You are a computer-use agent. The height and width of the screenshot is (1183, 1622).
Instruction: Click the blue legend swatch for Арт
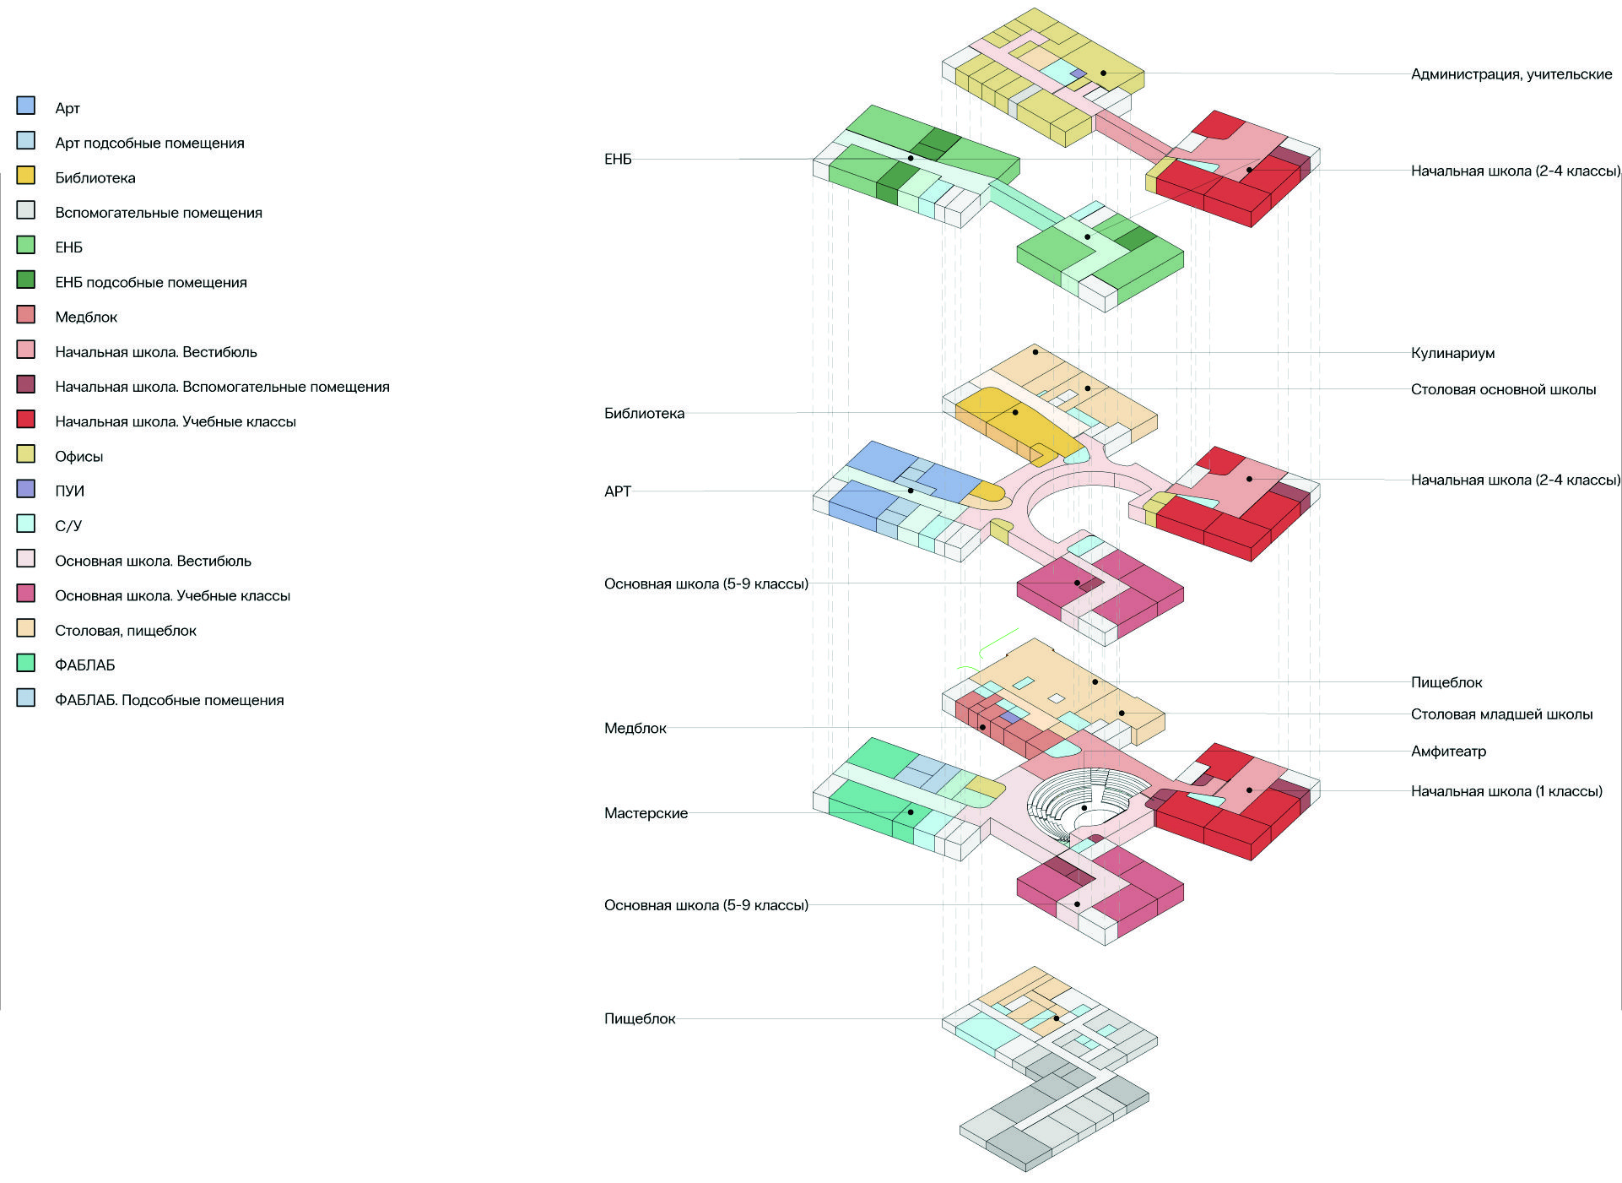[26, 106]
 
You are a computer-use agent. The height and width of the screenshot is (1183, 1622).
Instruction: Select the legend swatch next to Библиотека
[26, 176]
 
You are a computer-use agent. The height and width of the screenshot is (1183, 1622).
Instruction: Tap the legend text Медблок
[86, 317]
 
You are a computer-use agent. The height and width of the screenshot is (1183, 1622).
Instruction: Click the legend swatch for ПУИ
[26, 489]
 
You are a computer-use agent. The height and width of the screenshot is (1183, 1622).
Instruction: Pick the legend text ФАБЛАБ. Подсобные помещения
[169, 700]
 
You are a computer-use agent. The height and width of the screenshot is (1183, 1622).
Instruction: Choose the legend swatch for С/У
[26, 524]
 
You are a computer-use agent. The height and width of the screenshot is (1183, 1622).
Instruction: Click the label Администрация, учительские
[1511, 74]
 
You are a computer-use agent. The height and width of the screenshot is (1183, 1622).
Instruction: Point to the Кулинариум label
[1452, 353]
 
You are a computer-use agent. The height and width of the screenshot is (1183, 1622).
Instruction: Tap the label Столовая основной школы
[1503, 389]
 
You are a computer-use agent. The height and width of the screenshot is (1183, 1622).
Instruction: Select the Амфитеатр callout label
[1448, 751]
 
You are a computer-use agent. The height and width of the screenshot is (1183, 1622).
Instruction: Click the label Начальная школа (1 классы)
[1506, 791]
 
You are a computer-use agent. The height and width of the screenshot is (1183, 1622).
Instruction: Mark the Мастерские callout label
[646, 813]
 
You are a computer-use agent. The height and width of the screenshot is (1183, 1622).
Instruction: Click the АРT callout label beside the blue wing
[618, 491]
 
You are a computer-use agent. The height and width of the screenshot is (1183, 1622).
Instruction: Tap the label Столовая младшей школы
[1501, 714]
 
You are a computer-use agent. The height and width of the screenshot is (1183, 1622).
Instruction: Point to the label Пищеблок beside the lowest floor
[640, 1018]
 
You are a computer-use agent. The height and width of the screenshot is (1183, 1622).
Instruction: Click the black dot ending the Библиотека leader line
[1015, 412]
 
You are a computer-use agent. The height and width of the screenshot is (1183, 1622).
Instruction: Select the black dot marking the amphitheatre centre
[1084, 808]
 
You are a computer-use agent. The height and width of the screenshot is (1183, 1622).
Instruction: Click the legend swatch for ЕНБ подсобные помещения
[26, 279]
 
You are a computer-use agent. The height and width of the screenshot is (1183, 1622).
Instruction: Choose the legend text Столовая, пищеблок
[126, 631]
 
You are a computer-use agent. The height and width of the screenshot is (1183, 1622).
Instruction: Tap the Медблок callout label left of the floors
[635, 728]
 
